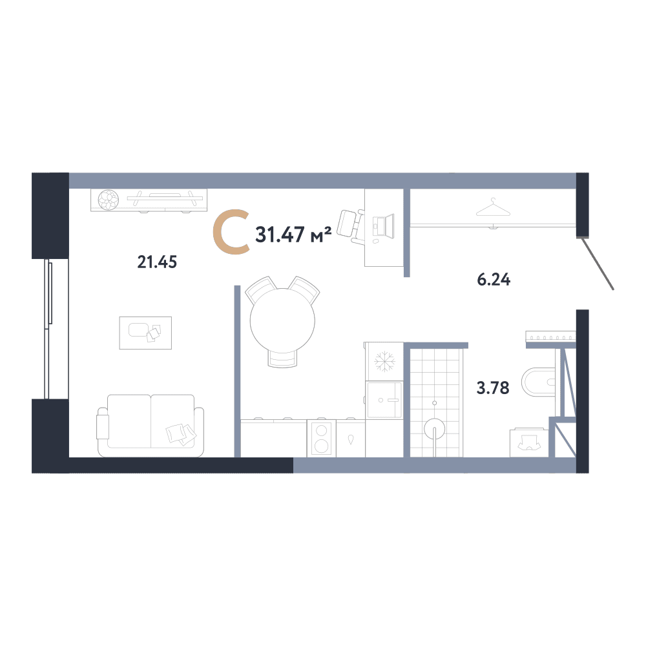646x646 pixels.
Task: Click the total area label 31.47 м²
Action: [x=293, y=234]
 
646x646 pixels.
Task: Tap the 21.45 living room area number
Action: [x=157, y=262]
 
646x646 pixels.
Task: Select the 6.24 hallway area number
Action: [x=494, y=280]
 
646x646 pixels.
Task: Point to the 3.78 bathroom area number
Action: [x=493, y=388]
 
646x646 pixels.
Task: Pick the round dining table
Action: [x=283, y=320]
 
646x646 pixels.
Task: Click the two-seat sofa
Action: [x=151, y=426]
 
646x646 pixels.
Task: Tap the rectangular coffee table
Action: [x=145, y=333]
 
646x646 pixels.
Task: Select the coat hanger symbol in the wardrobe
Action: [x=493, y=207]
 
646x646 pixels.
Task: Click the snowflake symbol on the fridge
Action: [x=384, y=361]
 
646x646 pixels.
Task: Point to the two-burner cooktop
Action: [x=321, y=439]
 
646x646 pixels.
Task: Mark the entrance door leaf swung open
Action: [x=598, y=264]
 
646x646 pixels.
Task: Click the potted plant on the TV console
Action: [x=109, y=200]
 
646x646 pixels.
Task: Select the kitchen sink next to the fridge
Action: [x=384, y=400]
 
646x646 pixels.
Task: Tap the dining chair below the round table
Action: [x=283, y=359]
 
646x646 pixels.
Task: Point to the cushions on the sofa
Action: [x=181, y=434]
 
